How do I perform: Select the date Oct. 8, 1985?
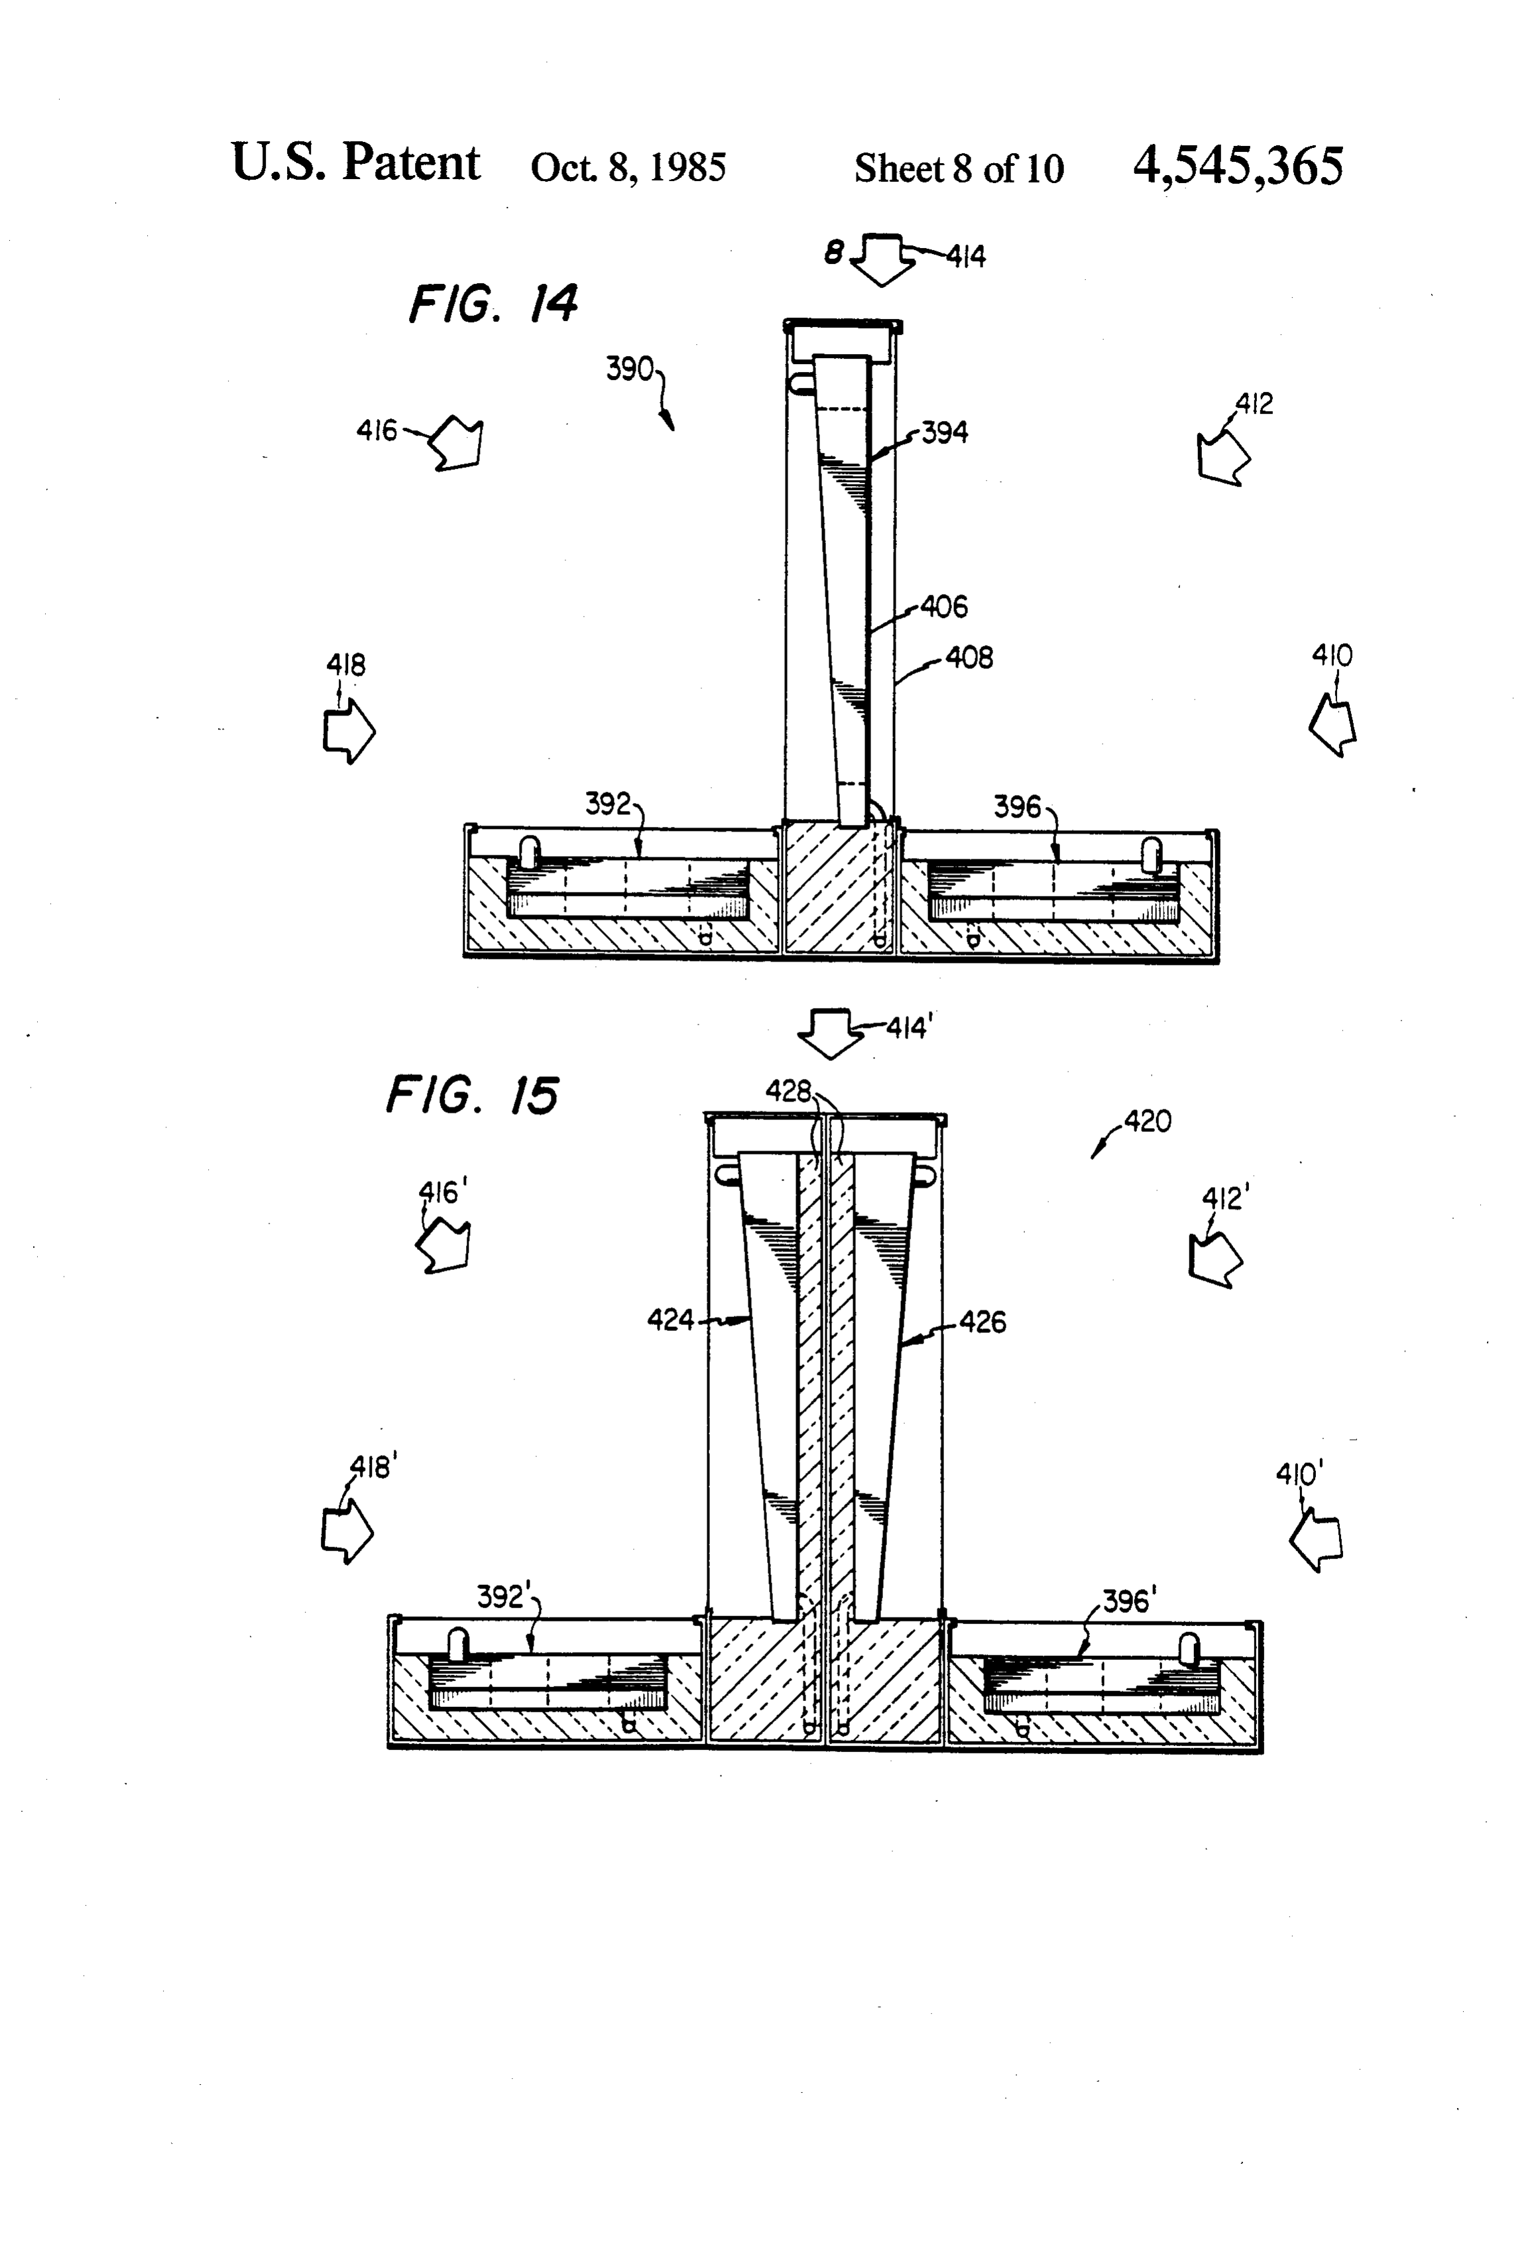628,167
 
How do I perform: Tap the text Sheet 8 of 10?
959,168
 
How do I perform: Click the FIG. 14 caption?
493,304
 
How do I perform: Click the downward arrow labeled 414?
883,259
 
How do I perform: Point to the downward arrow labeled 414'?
829,1035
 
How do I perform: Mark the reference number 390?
629,369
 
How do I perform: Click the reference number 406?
944,607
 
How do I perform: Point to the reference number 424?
671,1320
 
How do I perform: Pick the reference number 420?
1148,1121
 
